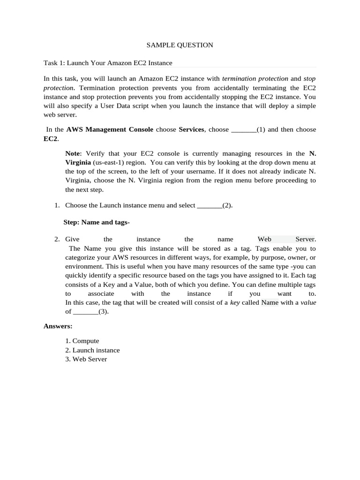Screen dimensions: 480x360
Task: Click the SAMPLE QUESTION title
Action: point(180,45)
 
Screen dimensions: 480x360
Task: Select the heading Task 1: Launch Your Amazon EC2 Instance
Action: point(108,63)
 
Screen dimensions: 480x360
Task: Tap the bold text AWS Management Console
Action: point(110,129)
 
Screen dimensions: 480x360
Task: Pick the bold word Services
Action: point(191,129)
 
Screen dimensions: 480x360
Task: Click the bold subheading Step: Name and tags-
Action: point(97,222)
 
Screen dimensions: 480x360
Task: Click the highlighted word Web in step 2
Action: point(264,239)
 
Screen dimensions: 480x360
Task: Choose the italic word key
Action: point(236,302)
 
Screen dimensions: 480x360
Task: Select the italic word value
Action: point(308,302)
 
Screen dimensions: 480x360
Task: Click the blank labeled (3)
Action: point(85,312)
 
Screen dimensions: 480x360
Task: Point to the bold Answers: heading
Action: point(58,326)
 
